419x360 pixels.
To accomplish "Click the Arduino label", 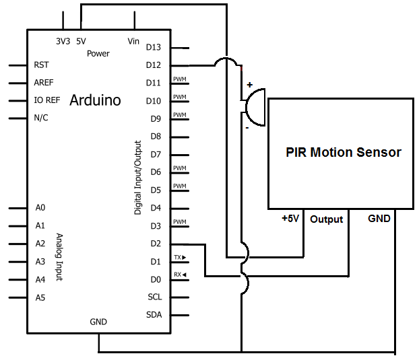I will pyautogui.click(x=95, y=100).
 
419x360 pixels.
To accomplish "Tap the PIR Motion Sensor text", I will pyautogui.click(x=344, y=153).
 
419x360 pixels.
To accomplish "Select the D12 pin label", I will pyautogui.click(x=154, y=65).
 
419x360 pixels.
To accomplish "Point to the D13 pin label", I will pyautogui.click(x=154, y=47).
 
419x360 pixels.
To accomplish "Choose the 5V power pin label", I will pyautogui.click(x=81, y=41).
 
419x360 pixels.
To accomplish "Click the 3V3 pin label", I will pyautogui.click(x=63, y=41).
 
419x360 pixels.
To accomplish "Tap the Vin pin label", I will pyautogui.click(x=133, y=41).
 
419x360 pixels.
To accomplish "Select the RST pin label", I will pyautogui.click(x=40, y=65).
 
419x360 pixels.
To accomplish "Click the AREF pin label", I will pyautogui.click(x=44, y=83).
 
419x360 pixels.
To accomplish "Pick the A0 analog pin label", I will pyautogui.click(x=40, y=208).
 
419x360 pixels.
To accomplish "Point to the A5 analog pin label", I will pyautogui.click(x=40, y=297).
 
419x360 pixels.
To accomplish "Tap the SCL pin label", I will pyautogui.click(x=154, y=297).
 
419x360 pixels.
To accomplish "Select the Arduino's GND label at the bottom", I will pyautogui.click(x=98, y=322).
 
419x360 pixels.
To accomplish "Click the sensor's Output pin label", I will pyautogui.click(x=327, y=219).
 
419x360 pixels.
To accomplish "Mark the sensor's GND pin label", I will pyautogui.click(x=379, y=219).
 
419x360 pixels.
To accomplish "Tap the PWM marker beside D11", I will pyautogui.click(x=179, y=79).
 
